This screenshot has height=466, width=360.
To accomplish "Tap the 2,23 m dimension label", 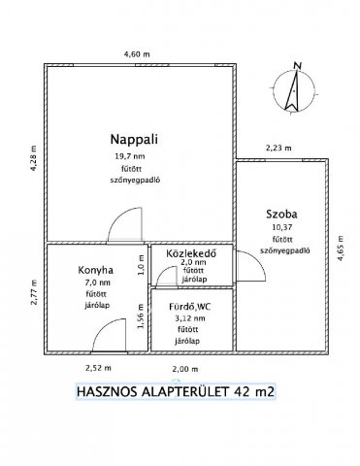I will (279, 148).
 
